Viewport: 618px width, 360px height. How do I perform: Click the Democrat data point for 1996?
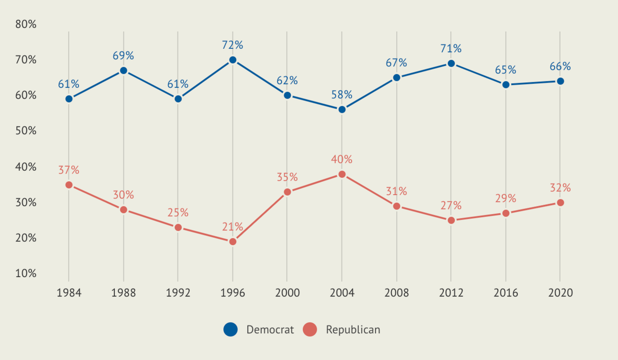[232, 60]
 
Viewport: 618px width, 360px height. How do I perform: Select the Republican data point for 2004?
[342, 174]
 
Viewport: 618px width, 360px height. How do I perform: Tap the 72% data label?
[232, 45]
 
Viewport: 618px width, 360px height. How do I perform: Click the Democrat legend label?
[270, 329]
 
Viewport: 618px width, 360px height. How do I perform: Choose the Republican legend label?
[353, 329]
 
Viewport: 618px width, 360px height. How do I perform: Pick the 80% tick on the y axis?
[26, 24]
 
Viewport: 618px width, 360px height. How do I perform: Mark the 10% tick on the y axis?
[26, 273]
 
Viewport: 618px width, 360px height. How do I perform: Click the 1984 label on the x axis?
[69, 293]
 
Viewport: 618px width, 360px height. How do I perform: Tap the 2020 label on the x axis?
[560, 293]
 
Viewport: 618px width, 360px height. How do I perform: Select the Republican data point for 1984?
[69, 185]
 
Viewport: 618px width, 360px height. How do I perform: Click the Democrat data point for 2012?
[451, 63]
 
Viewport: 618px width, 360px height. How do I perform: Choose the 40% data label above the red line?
[342, 159]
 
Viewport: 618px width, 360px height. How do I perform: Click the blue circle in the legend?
[231, 329]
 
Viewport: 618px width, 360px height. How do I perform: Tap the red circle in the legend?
[310, 329]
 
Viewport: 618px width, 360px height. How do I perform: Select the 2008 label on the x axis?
[397, 293]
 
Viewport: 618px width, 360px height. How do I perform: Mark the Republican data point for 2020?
[560, 203]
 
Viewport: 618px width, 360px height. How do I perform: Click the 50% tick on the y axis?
[26, 131]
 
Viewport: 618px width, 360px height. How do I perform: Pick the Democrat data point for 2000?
[287, 95]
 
